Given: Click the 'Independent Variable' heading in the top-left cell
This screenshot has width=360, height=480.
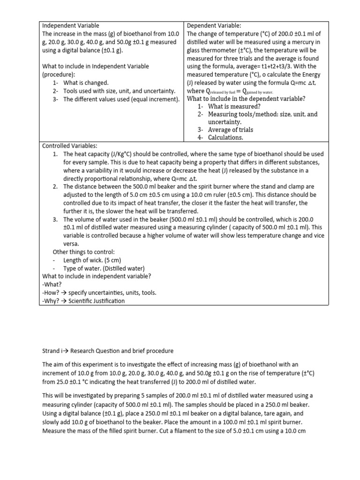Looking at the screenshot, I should coord(71,25).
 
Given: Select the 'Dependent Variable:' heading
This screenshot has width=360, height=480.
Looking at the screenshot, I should coord(213,25).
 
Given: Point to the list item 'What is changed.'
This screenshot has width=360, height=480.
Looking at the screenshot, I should coord(86,82).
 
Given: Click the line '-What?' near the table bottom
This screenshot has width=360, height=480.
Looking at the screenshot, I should coord(52,285).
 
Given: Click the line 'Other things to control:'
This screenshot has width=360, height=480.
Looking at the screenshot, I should coord(78,252).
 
